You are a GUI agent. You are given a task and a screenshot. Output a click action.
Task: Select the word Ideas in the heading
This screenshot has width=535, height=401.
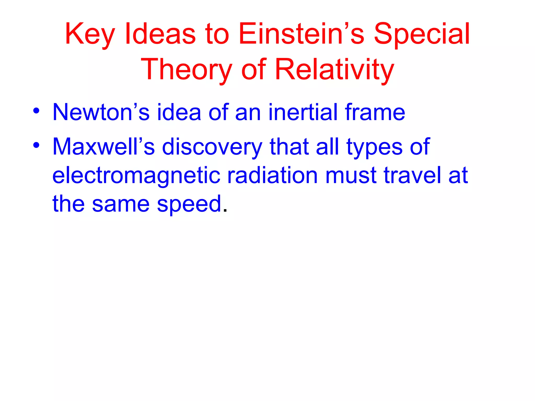tap(160, 34)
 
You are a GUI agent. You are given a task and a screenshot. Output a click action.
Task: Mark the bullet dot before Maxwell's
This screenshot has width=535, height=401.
tap(36, 145)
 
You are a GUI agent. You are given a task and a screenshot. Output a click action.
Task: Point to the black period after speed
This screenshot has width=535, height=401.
tap(225, 211)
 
